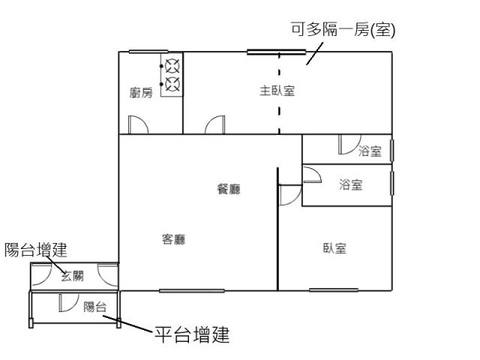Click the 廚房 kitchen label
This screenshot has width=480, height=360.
[141, 92]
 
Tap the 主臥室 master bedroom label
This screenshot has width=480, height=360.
[277, 91]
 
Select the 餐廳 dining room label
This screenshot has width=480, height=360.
[229, 189]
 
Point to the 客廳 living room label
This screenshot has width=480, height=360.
[173, 239]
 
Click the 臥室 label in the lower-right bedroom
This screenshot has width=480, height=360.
[335, 248]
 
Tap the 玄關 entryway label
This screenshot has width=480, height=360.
[72, 276]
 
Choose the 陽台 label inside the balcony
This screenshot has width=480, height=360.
[95, 307]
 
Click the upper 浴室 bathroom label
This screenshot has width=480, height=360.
[370, 151]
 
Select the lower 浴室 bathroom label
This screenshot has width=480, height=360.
[351, 184]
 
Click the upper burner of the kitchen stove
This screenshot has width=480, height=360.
[172, 66]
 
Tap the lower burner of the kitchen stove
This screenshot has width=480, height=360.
[172, 84]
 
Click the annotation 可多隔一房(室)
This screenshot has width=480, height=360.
[343, 30]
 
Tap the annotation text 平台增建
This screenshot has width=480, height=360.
[192, 334]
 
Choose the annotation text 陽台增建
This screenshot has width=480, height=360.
[36, 250]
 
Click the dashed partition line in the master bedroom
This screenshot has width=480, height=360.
[279, 93]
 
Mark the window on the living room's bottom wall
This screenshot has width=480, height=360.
[192, 291]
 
